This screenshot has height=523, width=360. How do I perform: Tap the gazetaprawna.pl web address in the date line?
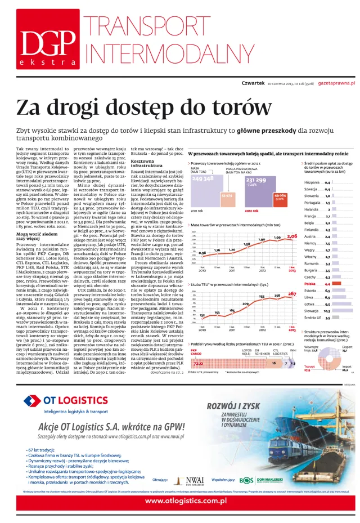tap(337, 83)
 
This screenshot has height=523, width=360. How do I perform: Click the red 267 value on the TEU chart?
tap(292, 293)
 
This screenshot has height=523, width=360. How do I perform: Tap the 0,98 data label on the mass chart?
tap(202, 253)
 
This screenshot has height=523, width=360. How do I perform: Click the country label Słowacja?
tap(312, 310)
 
